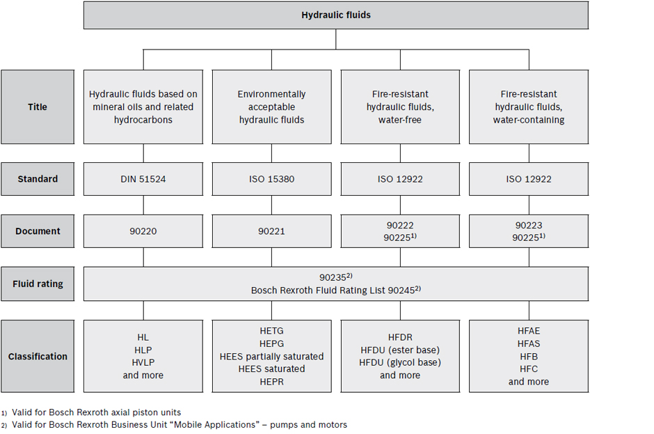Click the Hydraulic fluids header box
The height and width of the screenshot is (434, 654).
pyautogui.click(x=336, y=15)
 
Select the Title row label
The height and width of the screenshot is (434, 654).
pyautogui.click(x=38, y=107)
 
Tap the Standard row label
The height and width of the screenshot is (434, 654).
pyautogui.click(x=38, y=179)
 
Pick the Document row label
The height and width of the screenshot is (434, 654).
pyautogui.click(x=38, y=231)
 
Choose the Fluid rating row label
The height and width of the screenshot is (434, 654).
pyautogui.click(x=38, y=284)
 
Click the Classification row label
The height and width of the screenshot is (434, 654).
pyautogui.click(x=38, y=356)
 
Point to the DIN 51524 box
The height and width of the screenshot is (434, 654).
pyautogui.click(x=143, y=179)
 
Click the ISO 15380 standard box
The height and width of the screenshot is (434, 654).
pyautogui.click(x=271, y=179)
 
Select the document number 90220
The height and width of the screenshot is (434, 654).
pyautogui.click(x=143, y=231)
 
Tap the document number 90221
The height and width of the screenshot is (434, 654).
pyautogui.click(x=271, y=231)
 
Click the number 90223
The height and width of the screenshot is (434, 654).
pyautogui.click(x=529, y=225)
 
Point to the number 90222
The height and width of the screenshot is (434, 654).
pyautogui.click(x=400, y=225)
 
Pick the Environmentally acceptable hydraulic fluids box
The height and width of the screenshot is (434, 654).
pyautogui.click(x=271, y=107)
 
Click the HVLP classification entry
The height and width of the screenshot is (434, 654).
pyautogui.click(x=143, y=362)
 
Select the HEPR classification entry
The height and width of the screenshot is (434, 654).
pyautogui.click(x=271, y=382)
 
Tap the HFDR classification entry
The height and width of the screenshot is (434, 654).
pyautogui.click(x=400, y=337)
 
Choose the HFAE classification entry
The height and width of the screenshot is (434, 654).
pyautogui.click(x=529, y=331)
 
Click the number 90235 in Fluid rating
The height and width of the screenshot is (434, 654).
pyautogui.click(x=333, y=278)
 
